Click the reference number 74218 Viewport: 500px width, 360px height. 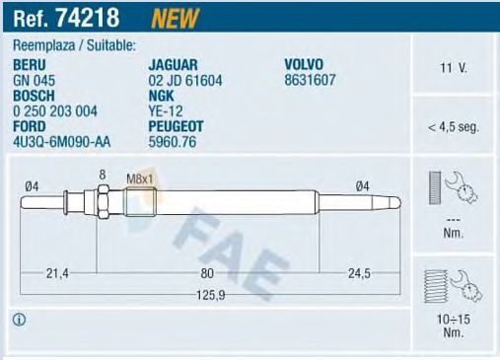point(88,18)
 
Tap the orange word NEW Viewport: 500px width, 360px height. point(176,18)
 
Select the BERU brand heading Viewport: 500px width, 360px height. point(30,65)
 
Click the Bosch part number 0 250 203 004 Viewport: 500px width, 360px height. point(55,111)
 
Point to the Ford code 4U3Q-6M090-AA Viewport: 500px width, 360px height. point(61,142)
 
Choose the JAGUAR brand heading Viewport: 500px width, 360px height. point(173,65)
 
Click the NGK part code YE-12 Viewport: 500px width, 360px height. point(166,111)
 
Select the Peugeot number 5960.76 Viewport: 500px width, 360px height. point(173,142)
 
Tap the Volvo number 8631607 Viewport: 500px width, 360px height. point(310,80)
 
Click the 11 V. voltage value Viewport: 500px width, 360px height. point(453,68)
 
